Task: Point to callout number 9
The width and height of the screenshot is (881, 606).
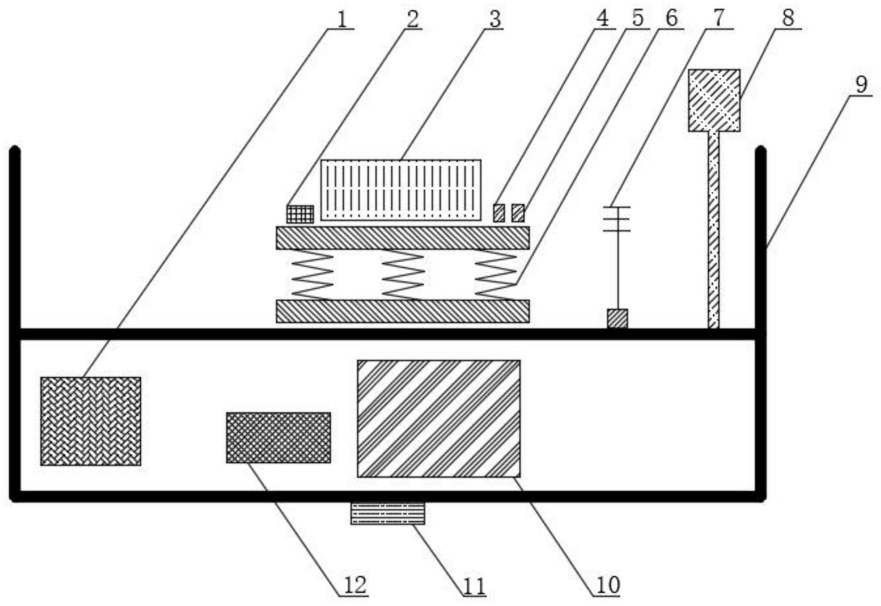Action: click(x=861, y=85)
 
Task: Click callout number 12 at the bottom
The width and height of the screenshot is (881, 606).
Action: click(x=356, y=585)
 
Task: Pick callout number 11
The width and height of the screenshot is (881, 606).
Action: click(x=475, y=587)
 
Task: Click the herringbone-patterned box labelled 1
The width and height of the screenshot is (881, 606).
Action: click(x=91, y=421)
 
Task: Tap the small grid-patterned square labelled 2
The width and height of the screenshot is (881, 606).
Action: click(x=300, y=214)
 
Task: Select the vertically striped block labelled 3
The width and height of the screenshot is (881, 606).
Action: click(x=401, y=190)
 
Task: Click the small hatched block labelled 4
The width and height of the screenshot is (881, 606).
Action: click(x=499, y=213)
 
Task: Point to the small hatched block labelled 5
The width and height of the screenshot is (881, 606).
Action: click(x=518, y=213)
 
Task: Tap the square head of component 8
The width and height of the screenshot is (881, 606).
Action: click(x=714, y=100)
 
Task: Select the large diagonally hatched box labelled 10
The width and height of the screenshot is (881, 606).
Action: click(x=439, y=418)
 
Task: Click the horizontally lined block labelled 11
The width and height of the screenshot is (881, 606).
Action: click(x=388, y=513)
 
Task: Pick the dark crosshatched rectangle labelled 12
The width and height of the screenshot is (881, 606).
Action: click(x=278, y=438)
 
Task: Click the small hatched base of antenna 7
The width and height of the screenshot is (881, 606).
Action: click(x=618, y=318)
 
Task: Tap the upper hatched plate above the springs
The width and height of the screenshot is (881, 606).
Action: click(x=403, y=238)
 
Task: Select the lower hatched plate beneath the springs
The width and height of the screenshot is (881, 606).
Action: click(x=403, y=311)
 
